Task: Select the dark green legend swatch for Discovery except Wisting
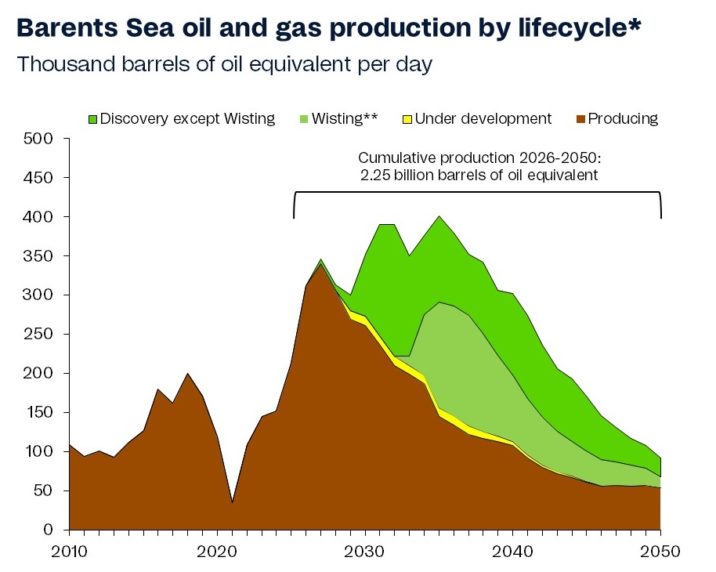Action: point(93,119)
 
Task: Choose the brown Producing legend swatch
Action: point(581,119)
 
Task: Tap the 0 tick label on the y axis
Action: point(49,530)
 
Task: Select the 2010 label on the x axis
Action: point(69,551)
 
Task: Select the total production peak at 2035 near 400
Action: point(439,217)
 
